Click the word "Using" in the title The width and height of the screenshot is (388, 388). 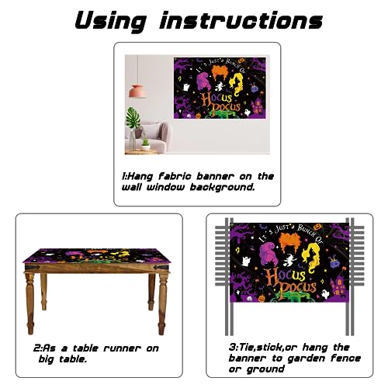click(x=111, y=22)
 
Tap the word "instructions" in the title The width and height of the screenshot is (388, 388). click(x=241, y=20)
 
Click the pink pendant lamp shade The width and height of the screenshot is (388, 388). click(x=137, y=92)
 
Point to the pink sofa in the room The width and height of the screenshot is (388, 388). click(x=153, y=137)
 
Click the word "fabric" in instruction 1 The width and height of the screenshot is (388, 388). click(x=175, y=176)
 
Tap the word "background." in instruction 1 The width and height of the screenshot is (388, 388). click(x=223, y=187)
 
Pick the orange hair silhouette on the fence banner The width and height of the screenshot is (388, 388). click(x=293, y=243)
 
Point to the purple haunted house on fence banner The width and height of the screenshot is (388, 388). click(x=338, y=288)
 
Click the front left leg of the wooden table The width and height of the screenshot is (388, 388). click(x=30, y=303)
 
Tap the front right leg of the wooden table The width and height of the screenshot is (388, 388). click(x=162, y=303)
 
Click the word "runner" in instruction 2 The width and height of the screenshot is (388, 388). click(x=122, y=348)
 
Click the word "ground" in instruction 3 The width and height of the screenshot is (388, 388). click(x=265, y=369)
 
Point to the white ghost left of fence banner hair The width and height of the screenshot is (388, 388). click(x=246, y=261)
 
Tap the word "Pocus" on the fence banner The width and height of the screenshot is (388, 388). click(x=298, y=286)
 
